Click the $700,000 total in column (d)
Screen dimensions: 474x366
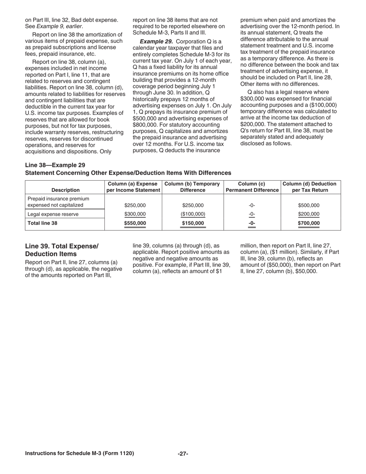[309, 223]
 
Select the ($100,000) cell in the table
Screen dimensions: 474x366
[193, 214]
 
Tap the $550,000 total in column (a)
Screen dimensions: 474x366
[135, 223]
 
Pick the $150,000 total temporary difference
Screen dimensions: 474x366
[193, 223]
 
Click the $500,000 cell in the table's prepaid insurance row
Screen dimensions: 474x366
[309, 205]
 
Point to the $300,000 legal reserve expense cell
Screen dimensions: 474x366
[135, 214]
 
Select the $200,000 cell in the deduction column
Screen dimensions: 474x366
[309, 214]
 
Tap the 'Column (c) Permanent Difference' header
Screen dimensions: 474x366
[252, 187]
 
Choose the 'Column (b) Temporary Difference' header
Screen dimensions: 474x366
[193, 187]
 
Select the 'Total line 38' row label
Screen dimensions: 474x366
[43, 223]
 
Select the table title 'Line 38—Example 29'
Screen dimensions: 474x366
[55, 165]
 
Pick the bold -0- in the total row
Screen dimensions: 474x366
[252, 223]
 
